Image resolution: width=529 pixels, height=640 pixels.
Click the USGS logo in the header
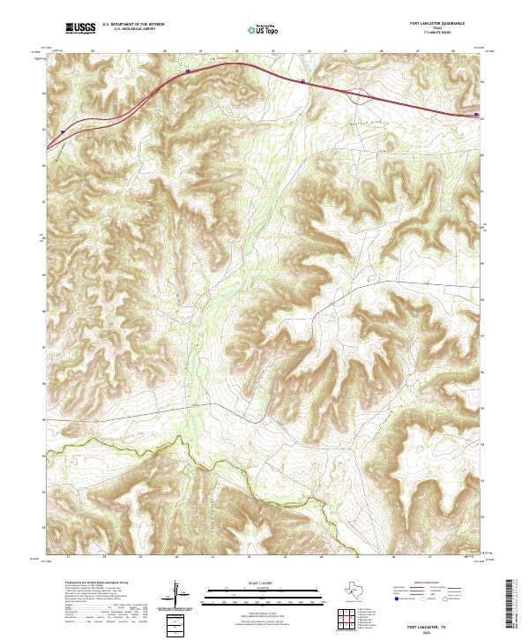80,28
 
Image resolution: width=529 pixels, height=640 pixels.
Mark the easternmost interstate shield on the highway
476,114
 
